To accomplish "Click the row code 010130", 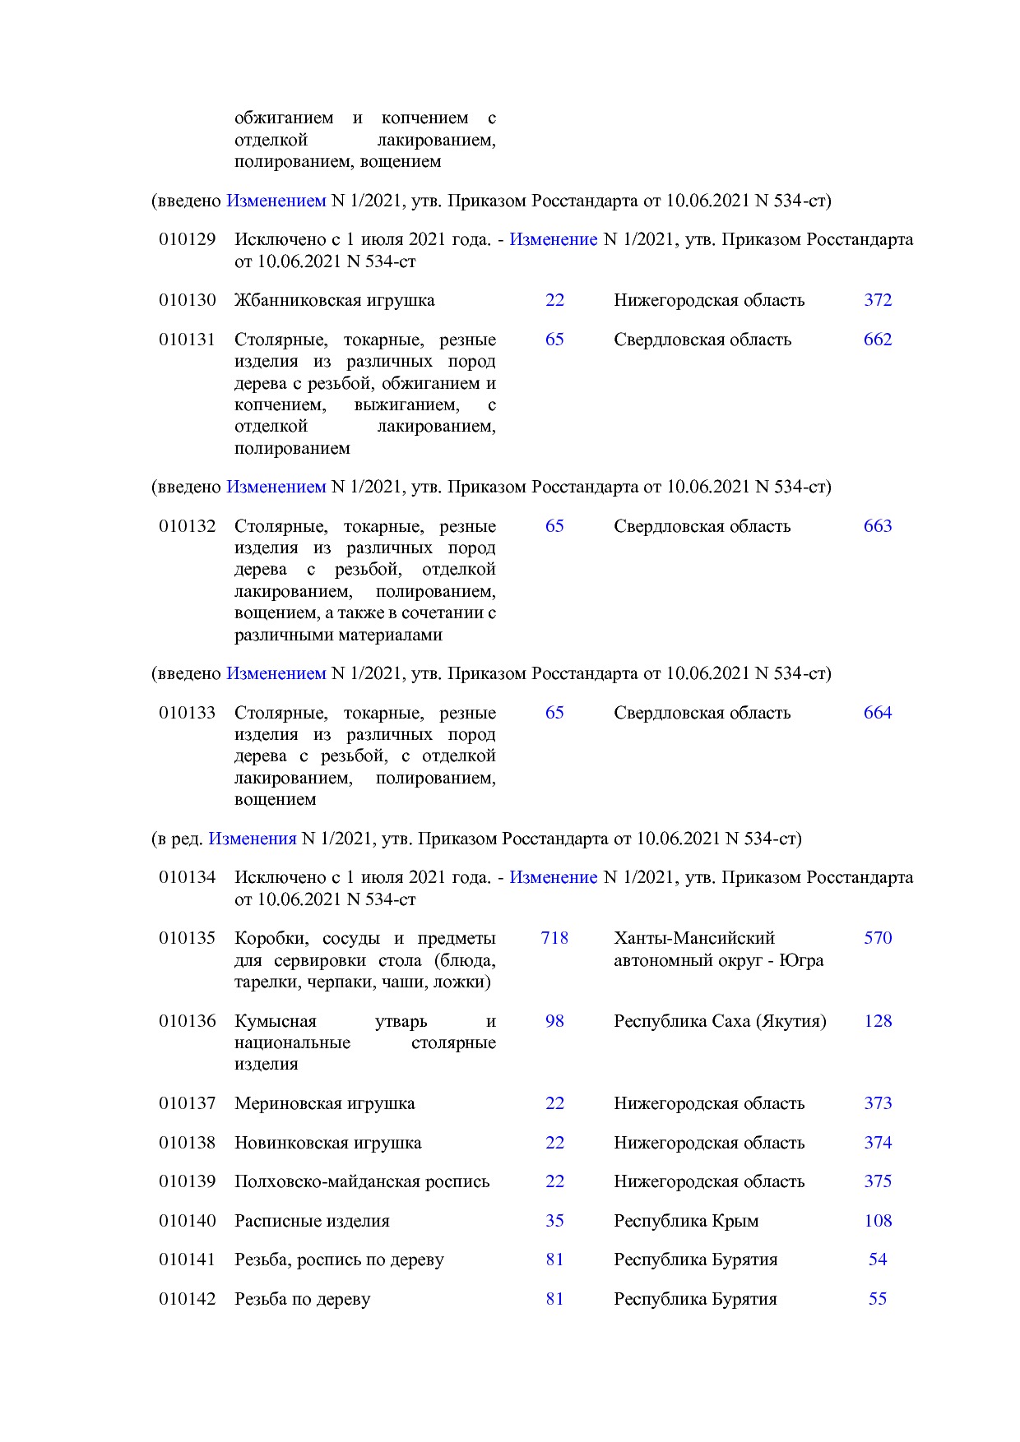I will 188,300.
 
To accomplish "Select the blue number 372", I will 878,300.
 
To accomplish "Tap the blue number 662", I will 878,340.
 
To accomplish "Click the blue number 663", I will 878,526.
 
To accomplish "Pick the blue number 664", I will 878,713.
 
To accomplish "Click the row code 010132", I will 188,526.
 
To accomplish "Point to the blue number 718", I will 554,938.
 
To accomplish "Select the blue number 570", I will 878,938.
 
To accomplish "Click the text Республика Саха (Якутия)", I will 720,1021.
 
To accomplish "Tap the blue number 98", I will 554,1021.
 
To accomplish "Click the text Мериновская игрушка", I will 324,1103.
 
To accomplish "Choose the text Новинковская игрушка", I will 327,1143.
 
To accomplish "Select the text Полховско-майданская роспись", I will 362,1181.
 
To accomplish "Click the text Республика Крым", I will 686,1221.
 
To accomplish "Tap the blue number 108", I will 878,1221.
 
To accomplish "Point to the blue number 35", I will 554,1221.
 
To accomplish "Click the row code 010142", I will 188,1299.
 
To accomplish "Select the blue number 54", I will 878,1259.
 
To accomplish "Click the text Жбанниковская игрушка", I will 334,300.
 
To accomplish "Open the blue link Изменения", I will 252,839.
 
